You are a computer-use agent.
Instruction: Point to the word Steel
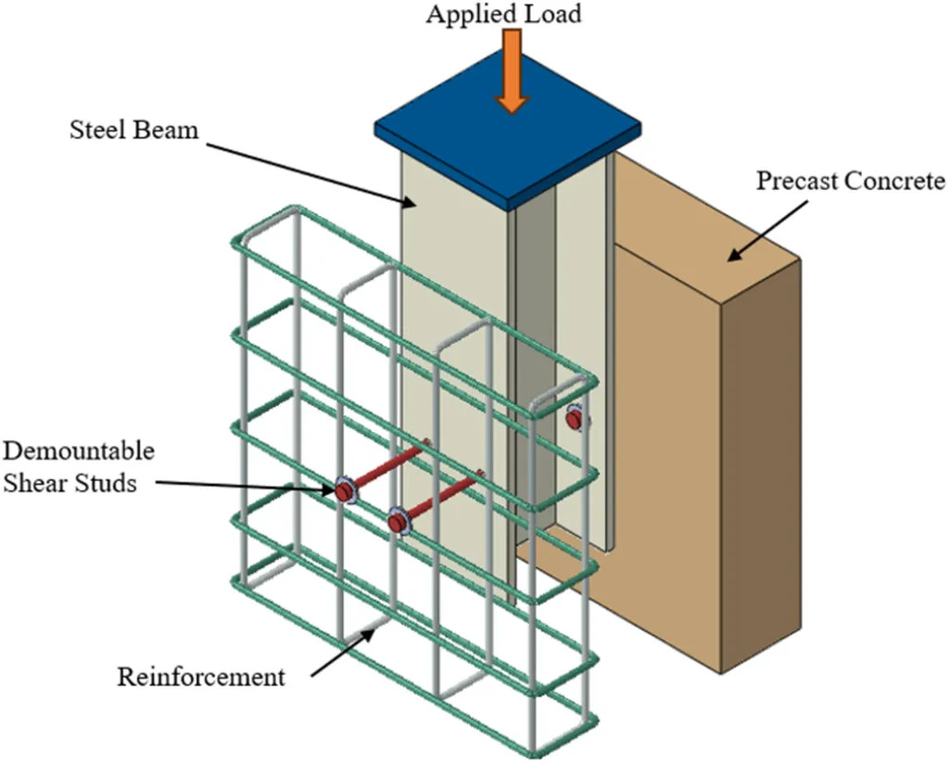point(97,130)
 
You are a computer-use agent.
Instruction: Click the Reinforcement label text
point(201,678)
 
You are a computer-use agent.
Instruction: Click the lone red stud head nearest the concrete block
point(576,420)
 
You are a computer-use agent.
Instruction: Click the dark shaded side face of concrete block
point(760,464)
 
